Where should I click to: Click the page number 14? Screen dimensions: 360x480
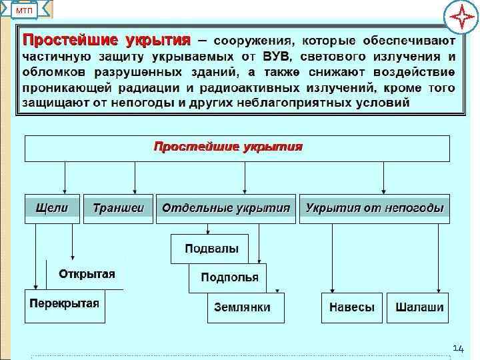[x=458, y=349]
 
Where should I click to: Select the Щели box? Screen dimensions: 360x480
[x=52, y=209]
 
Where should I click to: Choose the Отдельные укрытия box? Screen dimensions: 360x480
[x=226, y=209]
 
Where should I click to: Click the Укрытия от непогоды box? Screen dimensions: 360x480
[x=374, y=209]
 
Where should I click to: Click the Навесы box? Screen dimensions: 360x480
[x=351, y=307]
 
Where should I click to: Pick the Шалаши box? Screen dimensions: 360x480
[x=419, y=307]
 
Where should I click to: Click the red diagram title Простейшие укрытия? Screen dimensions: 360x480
[x=229, y=147]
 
